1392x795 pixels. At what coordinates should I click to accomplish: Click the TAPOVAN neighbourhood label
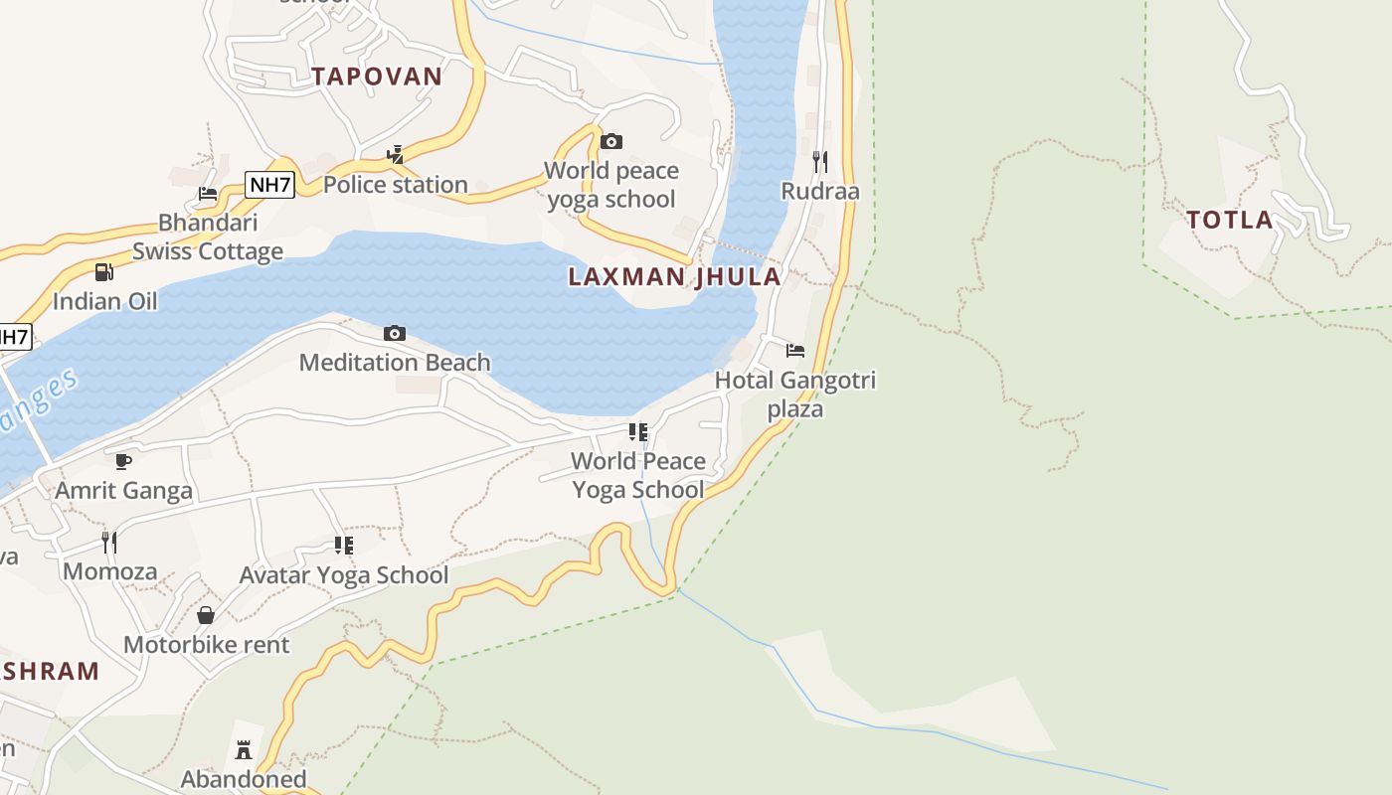(x=377, y=77)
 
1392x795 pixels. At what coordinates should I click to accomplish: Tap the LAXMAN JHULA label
(x=674, y=277)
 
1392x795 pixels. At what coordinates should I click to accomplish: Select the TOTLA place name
(x=1230, y=220)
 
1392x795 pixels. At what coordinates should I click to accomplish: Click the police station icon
(x=396, y=154)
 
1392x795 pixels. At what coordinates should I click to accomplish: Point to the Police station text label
(x=395, y=185)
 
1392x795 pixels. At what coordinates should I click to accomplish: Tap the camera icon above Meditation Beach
(x=395, y=333)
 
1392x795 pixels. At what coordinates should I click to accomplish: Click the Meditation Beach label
(x=395, y=363)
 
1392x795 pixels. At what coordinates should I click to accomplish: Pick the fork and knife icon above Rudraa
(x=820, y=160)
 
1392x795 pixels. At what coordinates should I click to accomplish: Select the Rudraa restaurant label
(x=820, y=191)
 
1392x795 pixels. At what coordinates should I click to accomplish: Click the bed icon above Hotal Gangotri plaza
(x=795, y=350)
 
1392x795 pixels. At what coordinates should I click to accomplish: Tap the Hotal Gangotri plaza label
(x=795, y=394)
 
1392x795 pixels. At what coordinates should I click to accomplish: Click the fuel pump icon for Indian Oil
(x=104, y=271)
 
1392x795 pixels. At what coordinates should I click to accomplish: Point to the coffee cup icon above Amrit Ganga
(x=123, y=461)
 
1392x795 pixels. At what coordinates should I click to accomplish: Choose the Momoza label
(x=109, y=571)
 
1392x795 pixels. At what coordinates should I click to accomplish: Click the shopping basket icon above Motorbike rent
(x=206, y=615)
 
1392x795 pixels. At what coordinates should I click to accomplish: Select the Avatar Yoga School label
(x=344, y=575)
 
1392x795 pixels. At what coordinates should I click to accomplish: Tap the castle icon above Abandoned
(x=244, y=749)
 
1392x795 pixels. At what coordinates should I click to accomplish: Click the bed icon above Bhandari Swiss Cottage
(x=208, y=193)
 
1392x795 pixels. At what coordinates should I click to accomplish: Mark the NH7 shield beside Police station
(x=270, y=184)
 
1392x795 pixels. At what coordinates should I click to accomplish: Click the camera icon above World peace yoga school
(x=611, y=141)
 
